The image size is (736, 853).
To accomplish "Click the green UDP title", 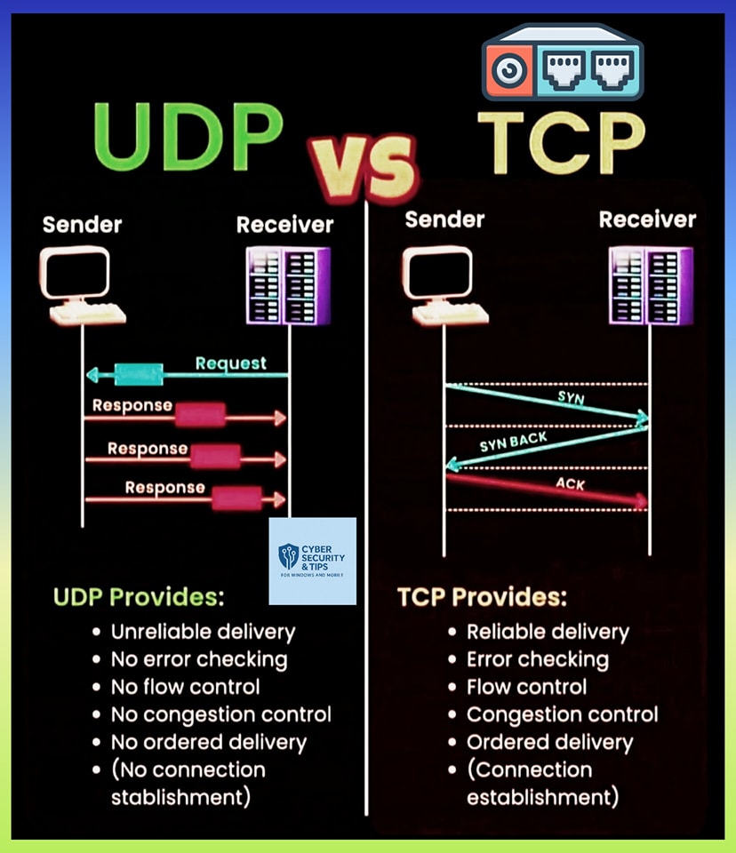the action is click(188, 137).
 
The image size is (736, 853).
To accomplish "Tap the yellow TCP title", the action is click(561, 143).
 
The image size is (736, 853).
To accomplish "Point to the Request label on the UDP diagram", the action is click(231, 363).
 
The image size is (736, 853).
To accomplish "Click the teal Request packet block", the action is click(139, 374).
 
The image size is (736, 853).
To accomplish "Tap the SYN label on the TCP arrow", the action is click(571, 398).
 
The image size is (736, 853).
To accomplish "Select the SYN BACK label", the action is click(513, 442).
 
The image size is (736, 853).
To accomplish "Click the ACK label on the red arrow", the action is click(570, 483).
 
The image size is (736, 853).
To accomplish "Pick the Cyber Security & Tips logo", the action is click(313, 561).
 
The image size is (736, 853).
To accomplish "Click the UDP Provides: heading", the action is click(139, 597).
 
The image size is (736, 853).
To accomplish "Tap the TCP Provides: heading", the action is click(482, 597).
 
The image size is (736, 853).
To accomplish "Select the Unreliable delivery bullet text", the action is click(203, 632).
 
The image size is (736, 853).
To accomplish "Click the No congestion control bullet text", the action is click(221, 714).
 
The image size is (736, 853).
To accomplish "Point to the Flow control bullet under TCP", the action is click(526, 687).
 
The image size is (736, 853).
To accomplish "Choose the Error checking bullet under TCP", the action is click(537, 660).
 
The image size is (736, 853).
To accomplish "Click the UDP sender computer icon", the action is click(82, 285).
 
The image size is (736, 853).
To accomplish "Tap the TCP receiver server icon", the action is click(651, 285).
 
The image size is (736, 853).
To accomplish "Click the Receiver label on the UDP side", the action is click(284, 225).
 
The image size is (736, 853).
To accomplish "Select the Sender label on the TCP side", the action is click(444, 219).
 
